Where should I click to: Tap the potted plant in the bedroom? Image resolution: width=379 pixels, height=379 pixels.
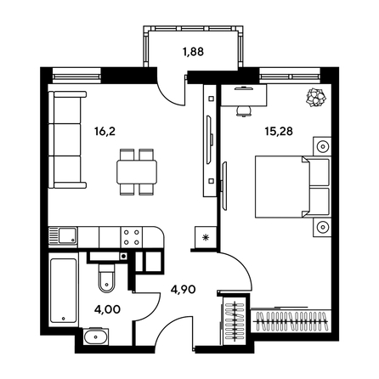pyautogui.click(x=315, y=97)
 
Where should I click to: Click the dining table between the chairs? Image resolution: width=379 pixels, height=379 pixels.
pyautogui.click(x=136, y=171)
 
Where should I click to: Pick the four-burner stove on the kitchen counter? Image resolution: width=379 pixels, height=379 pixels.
pyautogui.click(x=132, y=235)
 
